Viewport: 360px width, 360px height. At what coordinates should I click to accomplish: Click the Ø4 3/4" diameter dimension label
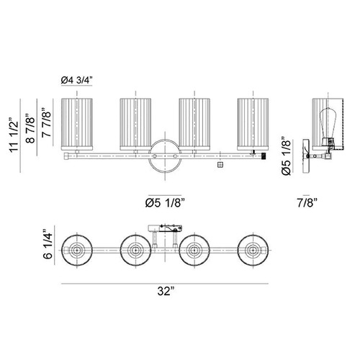[x=76, y=80]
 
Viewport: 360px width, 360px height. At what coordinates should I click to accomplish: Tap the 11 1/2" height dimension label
[x=14, y=135]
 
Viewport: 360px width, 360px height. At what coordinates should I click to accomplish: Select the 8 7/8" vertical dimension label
[x=31, y=128]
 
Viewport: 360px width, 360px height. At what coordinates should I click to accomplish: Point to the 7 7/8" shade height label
[x=47, y=122]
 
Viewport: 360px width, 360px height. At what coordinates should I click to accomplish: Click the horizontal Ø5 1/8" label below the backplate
[x=165, y=203]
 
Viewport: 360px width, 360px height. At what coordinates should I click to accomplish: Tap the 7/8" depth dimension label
[x=307, y=203]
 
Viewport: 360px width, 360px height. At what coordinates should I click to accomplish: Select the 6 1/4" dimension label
[x=48, y=244]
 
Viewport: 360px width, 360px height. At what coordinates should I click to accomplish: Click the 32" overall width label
[x=166, y=292]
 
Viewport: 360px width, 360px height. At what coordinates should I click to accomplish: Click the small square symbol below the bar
[x=220, y=165]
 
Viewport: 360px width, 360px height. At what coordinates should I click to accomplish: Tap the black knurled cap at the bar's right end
[x=264, y=156]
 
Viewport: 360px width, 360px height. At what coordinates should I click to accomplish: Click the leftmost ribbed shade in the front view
[x=77, y=124]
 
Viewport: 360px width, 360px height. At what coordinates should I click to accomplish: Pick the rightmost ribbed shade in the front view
[x=253, y=124]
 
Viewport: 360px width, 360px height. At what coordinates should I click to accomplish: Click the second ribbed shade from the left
[x=135, y=124]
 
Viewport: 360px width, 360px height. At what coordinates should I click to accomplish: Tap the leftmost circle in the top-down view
[x=77, y=250]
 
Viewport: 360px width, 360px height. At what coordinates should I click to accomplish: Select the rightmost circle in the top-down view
[x=253, y=250]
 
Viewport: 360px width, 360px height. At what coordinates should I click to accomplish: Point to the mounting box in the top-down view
[x=165, y=228]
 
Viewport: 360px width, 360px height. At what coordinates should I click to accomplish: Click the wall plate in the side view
[x=306, y=156]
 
